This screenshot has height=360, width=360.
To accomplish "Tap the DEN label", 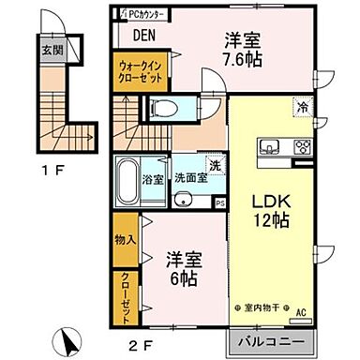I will [x=145, y=37].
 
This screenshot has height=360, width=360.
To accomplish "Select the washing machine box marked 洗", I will [x=216, y=165].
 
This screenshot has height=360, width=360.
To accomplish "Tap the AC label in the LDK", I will [x=302, y=312].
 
